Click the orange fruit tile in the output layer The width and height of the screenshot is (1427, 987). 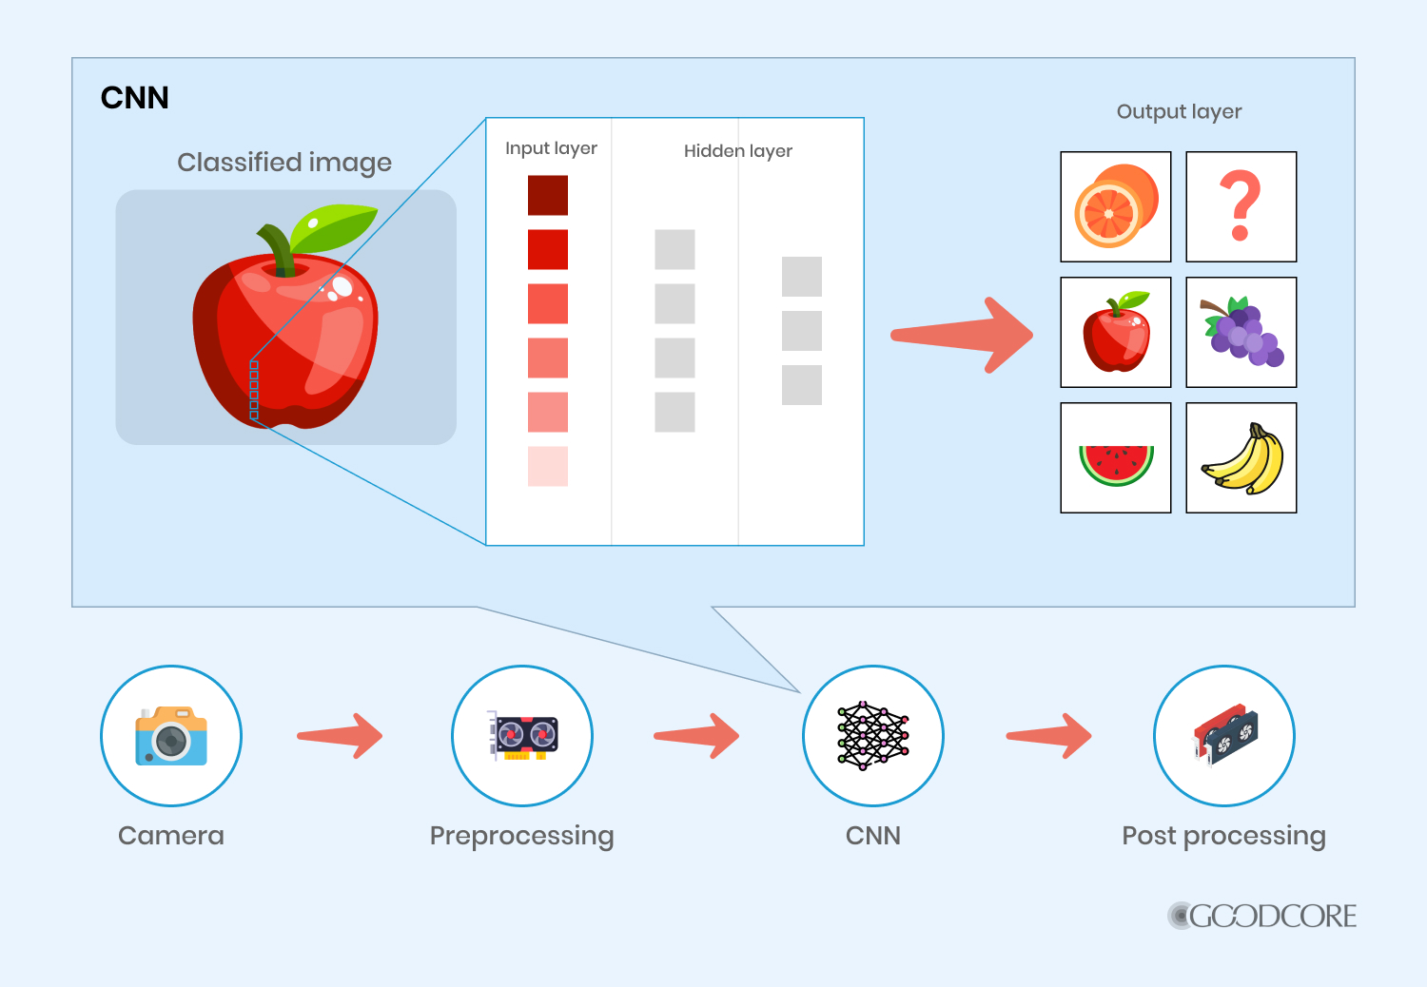(1115, 206)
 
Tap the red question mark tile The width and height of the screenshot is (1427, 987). (1241, 206)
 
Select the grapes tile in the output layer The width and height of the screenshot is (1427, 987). (1241, 332)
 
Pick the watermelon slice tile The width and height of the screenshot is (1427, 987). (1115, 457)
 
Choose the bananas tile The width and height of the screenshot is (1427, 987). (1241, 457)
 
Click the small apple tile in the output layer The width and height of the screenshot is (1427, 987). (1115, 332)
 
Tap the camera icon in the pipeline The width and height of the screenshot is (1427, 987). (171, 736)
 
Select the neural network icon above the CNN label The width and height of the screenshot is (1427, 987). (872, 736)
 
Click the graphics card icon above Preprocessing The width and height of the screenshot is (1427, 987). (522, 736)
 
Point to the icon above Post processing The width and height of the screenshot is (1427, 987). (1223, 736)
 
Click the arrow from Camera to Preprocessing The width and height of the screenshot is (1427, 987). (340, 736)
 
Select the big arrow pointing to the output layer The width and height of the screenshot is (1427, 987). (961, 335)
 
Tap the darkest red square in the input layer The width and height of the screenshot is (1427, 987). (548, 195)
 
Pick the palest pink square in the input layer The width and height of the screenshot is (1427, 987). (548, 466)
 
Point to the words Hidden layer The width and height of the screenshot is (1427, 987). (737, 151)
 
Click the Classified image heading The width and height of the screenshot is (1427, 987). (283, 163)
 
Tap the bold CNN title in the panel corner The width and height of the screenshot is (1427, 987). (134, 98)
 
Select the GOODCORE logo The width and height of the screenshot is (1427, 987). (1262, 916)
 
